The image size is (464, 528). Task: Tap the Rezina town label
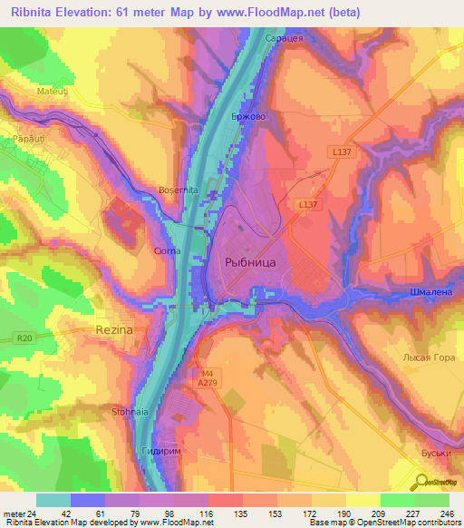114,331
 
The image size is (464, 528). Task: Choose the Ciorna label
166,249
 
